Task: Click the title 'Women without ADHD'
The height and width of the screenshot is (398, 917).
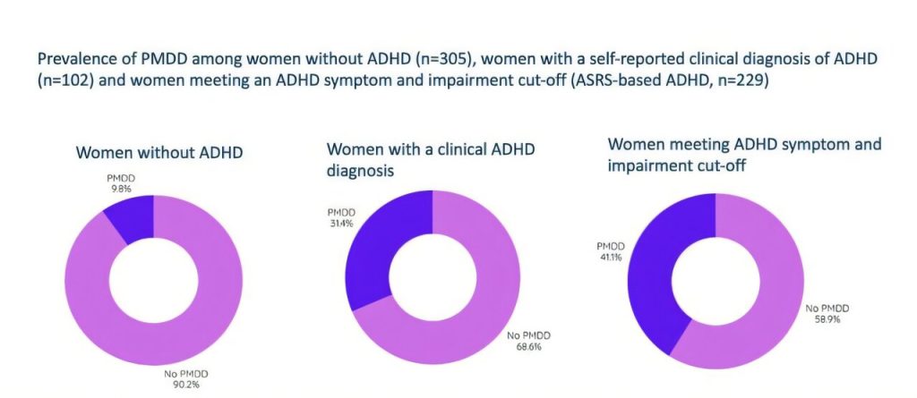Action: (159, 152)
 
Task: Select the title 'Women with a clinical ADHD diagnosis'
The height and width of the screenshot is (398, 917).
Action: (430, 158)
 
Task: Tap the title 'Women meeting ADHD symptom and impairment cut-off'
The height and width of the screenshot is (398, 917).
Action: (744, 154)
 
